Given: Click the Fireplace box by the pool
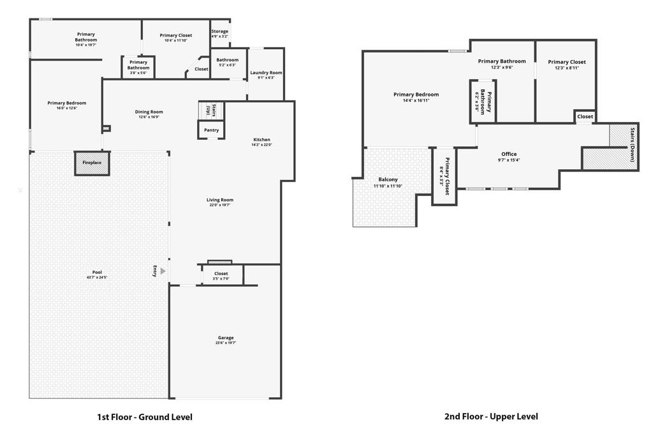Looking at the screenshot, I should (x=92, y=163).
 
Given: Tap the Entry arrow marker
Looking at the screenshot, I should (x=163, y=271).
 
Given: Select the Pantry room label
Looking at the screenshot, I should (x=211, y=130).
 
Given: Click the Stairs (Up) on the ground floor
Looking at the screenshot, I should (x=211, y=110).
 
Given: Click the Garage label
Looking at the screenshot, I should (x=226, y=338).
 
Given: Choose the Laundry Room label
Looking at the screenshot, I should (x=266, y=73).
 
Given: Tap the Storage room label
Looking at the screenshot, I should (x=219, y=31).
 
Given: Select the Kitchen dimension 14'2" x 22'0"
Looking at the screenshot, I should (x=261, y=145).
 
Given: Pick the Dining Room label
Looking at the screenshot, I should (x=149, y=112).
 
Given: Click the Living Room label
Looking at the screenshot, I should (x=219, y=200).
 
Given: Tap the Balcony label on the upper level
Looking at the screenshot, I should (x=388, y=179).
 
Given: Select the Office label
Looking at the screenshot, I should (x=509, y=154).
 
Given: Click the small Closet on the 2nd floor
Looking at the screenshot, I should (x=585, y=117).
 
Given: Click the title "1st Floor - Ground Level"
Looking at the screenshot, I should (x=144, y=417).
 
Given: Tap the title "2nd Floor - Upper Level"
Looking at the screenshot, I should (x=491, y=416).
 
